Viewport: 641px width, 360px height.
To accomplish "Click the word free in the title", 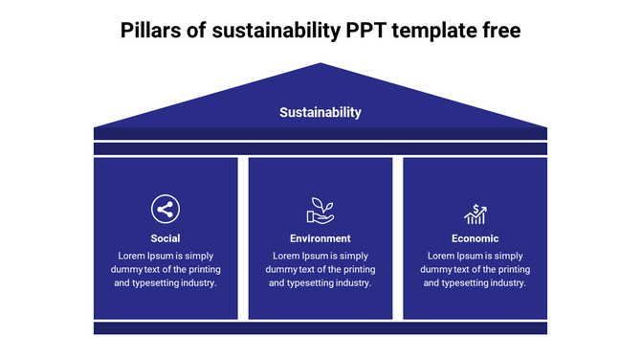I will pyautogui.click(x=500, y=31).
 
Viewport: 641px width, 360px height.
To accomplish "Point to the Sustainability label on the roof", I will pyautogui.click(x=320, y=112).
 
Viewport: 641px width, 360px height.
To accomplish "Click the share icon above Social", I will pyautogui.click(x=166, y=209).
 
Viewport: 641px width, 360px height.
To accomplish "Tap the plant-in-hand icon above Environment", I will pyautogui.click(x=320, y=209).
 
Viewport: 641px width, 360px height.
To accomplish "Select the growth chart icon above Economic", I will pyautogui.click(x=475, y=213).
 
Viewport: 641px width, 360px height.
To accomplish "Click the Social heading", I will pyautogui.click(x=166, y=238).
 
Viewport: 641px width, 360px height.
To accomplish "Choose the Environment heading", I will pyautogui.click(x=320, y=238).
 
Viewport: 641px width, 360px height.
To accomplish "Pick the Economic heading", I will pyautogui.click(x=475, y=238).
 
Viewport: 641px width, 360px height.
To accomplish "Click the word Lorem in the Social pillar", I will pyautogui.click(x=132, y=256).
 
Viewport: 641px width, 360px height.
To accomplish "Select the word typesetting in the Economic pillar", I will pyautogui.click(x=468, y=282).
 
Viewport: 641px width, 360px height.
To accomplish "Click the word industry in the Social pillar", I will pyautogui.click(x=197, y=282).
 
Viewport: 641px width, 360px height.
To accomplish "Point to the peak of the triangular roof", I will pyautogui.click(x=321, y=65).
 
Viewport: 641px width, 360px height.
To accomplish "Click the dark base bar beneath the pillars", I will pyautogui.click(x=320, y=328).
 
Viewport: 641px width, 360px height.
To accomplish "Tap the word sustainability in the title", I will pyautogui.click(x=277, y=31).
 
